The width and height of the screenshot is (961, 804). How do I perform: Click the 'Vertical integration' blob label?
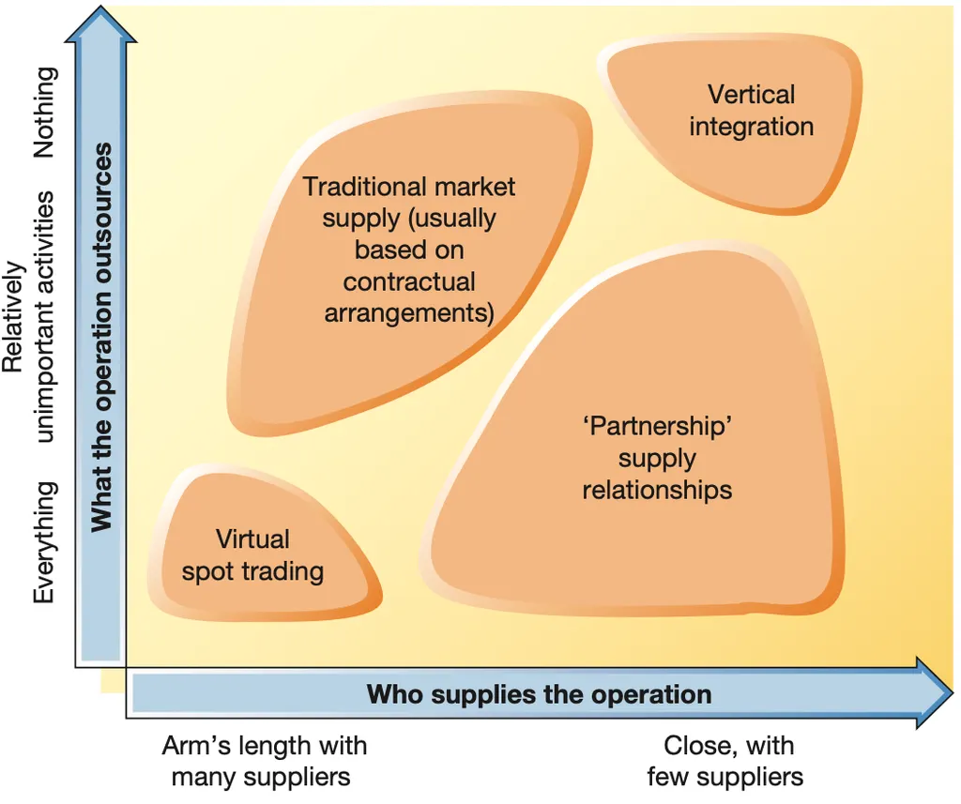[x=751, y=111]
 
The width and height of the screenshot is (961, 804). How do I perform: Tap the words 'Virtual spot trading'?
[x=252, y=555]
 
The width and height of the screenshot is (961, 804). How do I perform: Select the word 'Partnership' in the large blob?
[x=657, y=427]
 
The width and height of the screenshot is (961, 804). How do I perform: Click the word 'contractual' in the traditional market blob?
[x=409, y=281]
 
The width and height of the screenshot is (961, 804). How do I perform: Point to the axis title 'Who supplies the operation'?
[x=539, y=695]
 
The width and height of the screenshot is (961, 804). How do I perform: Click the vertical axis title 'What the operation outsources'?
[x=102, y=338]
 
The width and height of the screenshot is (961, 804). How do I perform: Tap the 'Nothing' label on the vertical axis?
[x=44, y=113]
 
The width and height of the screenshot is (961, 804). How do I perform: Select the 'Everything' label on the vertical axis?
[x=44, y=542]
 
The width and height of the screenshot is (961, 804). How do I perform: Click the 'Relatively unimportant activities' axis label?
[x=28, y=319]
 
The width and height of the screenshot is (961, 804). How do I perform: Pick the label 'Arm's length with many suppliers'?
[x=264, y=761]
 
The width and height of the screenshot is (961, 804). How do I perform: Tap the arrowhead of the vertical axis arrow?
[x=101, y=26]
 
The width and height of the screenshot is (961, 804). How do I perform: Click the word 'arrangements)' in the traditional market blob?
[x=409, y=313]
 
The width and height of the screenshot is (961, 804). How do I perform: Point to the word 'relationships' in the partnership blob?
[x=657, y=490]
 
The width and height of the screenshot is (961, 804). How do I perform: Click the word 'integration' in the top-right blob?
[x=751, y=127]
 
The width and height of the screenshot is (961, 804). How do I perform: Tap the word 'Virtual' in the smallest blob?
[x=252, y=539]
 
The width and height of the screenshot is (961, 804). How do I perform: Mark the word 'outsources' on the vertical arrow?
[x=102, y=225]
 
